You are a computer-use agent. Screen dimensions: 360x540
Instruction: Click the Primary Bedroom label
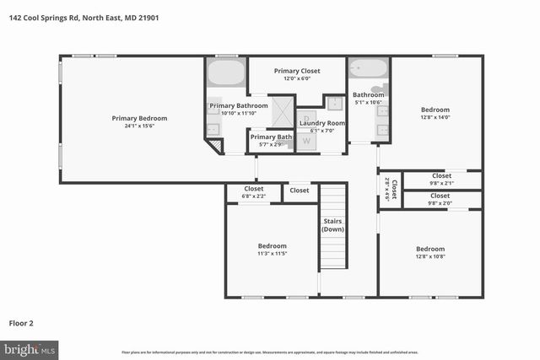point(140,118)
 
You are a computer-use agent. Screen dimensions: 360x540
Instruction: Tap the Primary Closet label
point(297,71)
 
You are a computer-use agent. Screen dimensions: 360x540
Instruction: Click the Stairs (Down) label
point(333,225)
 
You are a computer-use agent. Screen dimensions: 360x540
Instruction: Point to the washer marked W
point(306,141)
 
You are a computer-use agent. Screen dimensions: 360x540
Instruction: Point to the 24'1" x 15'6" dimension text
point(140,127)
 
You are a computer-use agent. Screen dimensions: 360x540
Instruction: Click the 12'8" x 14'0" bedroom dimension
point(435,118)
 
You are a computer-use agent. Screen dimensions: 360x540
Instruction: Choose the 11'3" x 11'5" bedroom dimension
point(272,254)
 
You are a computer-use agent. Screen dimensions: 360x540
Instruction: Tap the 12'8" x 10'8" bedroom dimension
point(430,257)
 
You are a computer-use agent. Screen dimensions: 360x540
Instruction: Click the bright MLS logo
point(30,348)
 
